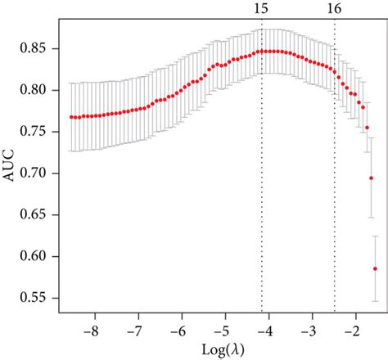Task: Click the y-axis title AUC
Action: coord(11,173)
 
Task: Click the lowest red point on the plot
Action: coord(376,268)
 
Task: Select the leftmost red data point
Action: coord(70,117)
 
